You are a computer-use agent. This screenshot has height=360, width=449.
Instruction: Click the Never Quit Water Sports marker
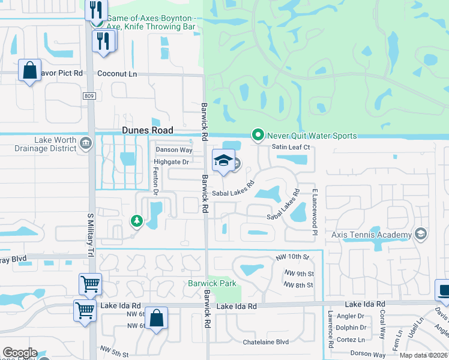pyautogui.click(x=258, y=136)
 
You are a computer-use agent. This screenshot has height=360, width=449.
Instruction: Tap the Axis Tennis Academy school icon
pyautogui.click(x=421, y=234)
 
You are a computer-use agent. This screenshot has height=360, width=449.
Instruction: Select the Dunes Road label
pyautogui.click(x=148, y=130)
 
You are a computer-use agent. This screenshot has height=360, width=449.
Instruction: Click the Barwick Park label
pyautogui.click(x=212, y=283)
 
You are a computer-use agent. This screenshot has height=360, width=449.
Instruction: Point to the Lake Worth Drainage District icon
pyautogui.click(x=85, y=143)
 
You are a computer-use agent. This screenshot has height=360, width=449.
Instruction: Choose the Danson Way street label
pyautogui.click(x=174, y=150)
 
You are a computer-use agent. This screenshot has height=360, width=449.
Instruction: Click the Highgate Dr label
pyautogui.click(x=172, y=162)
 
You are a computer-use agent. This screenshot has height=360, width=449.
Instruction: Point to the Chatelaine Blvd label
pyautogui.click(x=266, y=342)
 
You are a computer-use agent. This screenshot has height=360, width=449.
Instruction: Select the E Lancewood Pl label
pyautogui.click(x=313, y=211)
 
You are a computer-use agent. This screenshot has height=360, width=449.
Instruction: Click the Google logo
pyautogui.click(x=19, y=353)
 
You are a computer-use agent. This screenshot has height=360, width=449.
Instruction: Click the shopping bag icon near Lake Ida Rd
pyautogui.click(x=156, y=319)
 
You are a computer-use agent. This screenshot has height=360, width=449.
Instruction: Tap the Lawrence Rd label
pyautogui.click(x=330, y=329)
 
